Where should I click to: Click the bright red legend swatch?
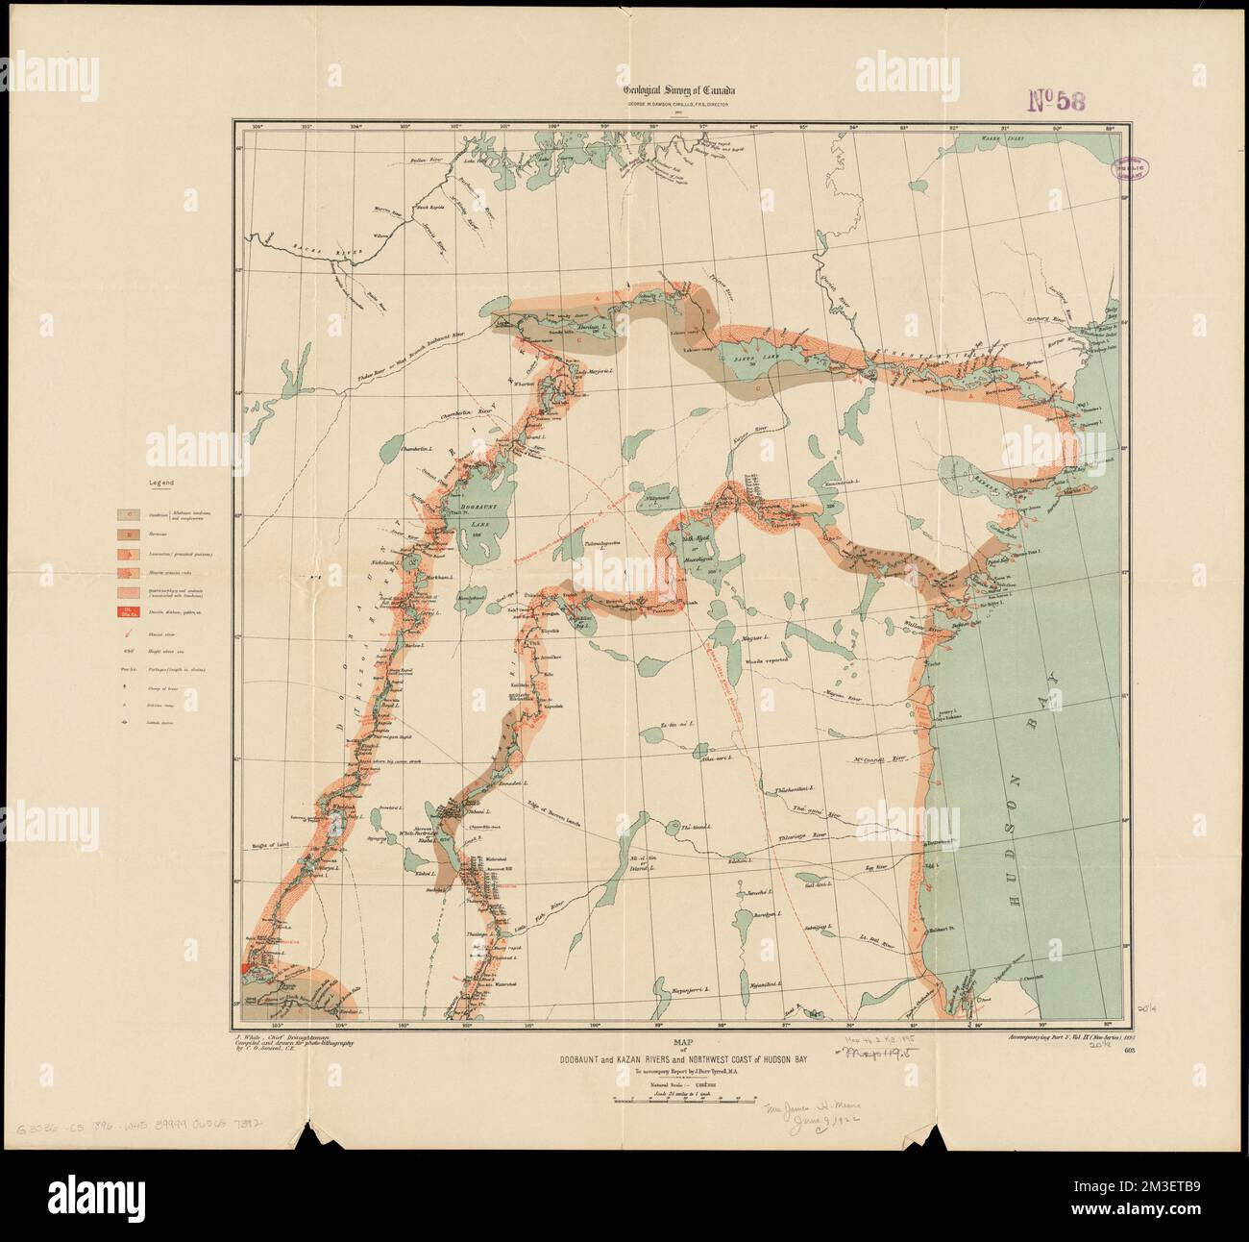click(x=129, y=611)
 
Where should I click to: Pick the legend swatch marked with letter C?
click(x=129, y=515)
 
